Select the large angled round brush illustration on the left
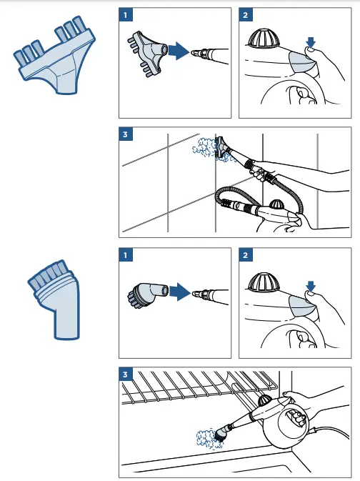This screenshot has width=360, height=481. coord(55,301)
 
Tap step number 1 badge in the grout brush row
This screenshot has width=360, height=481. coord(126,15)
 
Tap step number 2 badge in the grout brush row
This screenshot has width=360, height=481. coord(246,15)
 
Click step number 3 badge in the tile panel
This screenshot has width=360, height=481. coord(126,134)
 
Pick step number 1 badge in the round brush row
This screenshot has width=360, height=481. coord(126,255)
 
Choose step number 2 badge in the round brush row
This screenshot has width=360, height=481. coord(246,255)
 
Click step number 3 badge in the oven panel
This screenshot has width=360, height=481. coord(126,375)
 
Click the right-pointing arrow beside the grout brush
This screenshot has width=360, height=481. coord(179,51)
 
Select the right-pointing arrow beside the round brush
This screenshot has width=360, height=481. coord(180,292)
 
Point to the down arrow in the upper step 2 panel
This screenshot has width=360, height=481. coord(311,42)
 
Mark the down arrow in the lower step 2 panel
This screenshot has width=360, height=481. coord(311,287)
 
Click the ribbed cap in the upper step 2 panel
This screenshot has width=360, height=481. coord(264,39)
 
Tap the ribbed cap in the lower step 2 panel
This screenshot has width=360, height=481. coord(264,282)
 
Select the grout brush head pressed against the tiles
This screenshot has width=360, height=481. coord(222,147)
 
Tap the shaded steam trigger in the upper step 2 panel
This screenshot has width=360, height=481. coord(304,61)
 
